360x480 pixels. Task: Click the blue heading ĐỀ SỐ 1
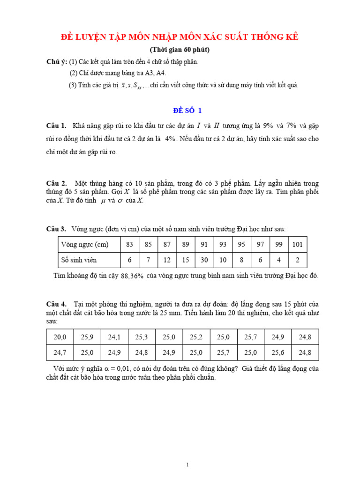click(187, 111)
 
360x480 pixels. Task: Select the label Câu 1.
click(56, 126)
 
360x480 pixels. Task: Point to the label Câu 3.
click(56, 229)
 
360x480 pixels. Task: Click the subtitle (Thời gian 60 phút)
click(180, 50)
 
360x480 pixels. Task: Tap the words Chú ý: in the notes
click(56, 62)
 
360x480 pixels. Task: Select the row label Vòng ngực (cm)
click(85, 245)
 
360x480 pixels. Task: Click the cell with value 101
click(297, 245)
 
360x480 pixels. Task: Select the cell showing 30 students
click(204, 260)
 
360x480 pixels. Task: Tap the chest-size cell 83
click(130, 245)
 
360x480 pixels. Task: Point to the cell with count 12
click(167, 260)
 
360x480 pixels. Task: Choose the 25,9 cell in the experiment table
click(87, 337)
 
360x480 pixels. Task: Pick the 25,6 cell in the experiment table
click(278, 352)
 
